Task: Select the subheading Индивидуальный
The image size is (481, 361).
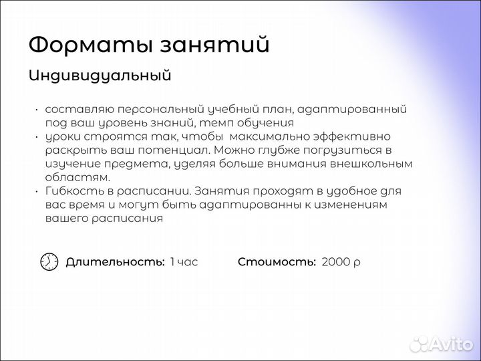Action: point(100,76)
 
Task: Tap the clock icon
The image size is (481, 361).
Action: point(49,262)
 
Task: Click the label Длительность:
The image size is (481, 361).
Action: point(115,262)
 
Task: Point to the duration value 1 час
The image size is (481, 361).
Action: point(184,262)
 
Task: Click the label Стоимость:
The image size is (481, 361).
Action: point(277,262)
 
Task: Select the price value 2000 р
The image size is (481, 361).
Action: point(341,262)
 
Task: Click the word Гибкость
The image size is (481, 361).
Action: point(71,191)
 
